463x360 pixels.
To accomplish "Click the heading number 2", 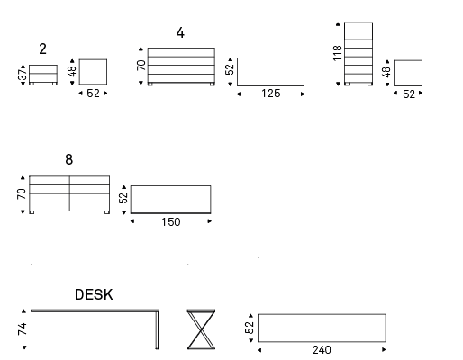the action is tap(42, 49).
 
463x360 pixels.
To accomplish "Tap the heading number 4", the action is tap(180, 32).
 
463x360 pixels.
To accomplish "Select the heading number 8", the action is tap(69, 159).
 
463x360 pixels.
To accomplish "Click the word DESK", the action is tap(94, 294).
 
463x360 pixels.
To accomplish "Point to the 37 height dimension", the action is tap(23, 76).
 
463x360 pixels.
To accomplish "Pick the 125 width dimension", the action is tap(271, 94).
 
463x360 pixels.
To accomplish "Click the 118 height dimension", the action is tap(338, 53).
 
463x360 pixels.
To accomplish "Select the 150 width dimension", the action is tap(171, 222).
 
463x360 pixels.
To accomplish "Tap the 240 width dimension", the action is tap(322, 350).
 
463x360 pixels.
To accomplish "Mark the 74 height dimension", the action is tap(23, 329).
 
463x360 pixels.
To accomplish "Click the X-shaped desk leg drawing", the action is tap(201, 329).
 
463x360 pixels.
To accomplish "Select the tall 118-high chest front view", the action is tap(359, 54).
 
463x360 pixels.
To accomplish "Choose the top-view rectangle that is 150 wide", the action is tap(170, 200).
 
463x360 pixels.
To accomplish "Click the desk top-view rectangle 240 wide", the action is tap(322, 328).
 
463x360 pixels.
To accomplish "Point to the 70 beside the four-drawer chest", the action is tap(141, 66).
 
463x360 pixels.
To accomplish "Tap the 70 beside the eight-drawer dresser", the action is tap(22, 194).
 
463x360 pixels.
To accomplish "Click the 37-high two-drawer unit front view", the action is tap(43, 75).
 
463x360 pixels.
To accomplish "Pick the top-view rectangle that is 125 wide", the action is tap(270, 72).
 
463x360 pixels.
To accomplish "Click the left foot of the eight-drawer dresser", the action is tap(32, 212).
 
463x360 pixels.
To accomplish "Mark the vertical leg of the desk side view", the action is tap(157, 330).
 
